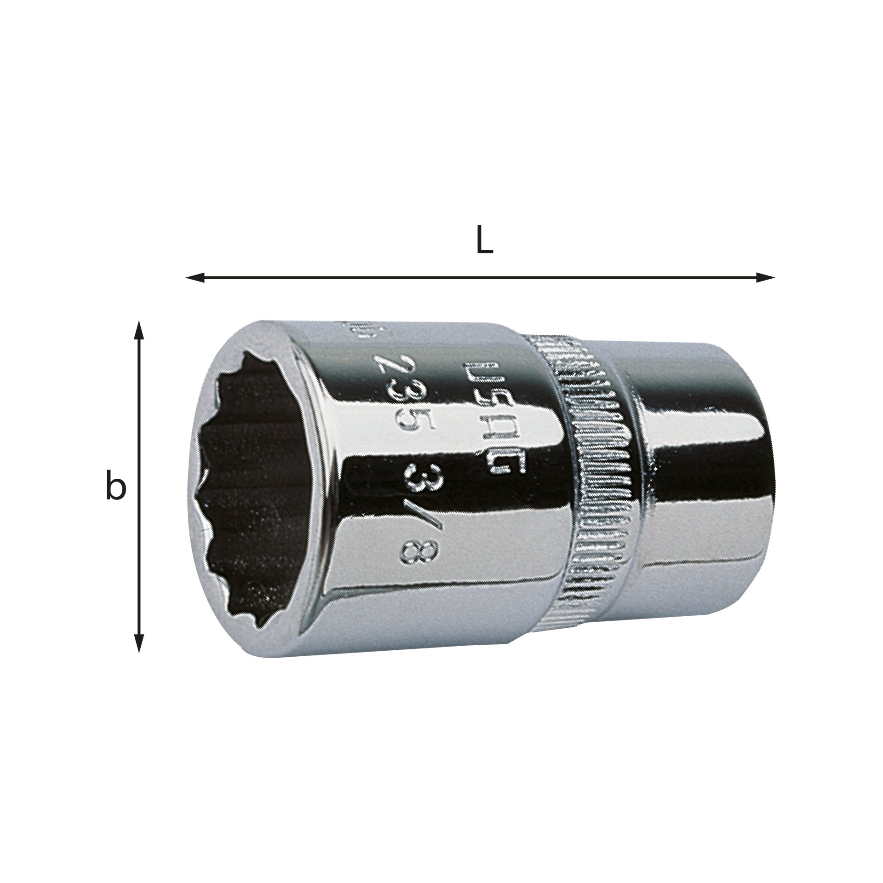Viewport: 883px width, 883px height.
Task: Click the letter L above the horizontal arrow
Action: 484,239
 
